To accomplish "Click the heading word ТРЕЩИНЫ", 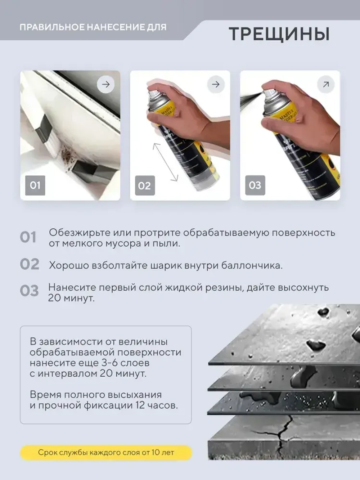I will (x=279, y=34).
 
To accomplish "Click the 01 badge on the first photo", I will (x=35, y=185).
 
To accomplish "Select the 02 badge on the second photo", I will (x=145, y=186).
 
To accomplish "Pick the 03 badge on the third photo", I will (x=255, y=185).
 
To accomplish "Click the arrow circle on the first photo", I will (x=106, y=85).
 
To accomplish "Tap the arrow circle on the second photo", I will (x=216, y=85).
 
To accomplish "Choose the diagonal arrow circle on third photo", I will (x=326, y=85).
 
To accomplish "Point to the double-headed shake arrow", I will (x=166, y=162).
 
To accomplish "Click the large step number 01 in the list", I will (x=28, y=238).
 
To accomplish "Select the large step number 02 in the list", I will (x=30, y=264).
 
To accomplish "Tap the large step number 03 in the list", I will (x=29, y=291).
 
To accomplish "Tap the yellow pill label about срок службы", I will (x=106, y=453).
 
